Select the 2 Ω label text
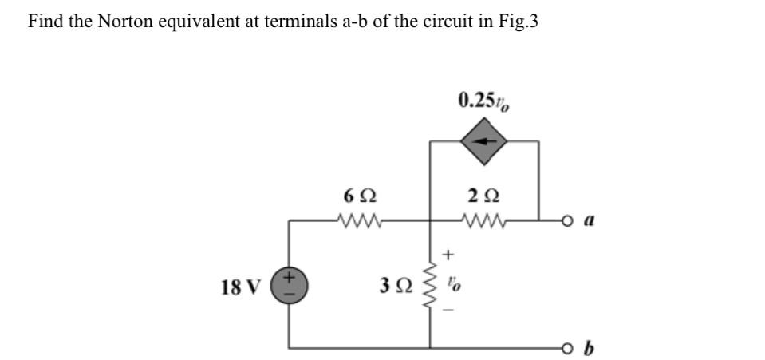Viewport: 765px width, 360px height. pos(485,195)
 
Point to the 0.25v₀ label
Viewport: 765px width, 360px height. pos(484,101)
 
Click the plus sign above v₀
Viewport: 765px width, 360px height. pos(448,255)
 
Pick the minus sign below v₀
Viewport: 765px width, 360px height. pos(448,311)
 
